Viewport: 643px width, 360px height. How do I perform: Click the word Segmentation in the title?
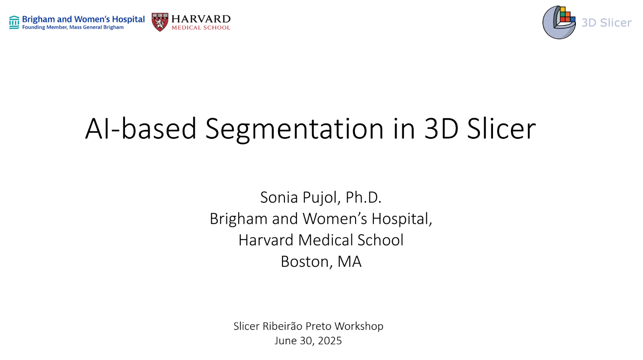[x=294, y=129]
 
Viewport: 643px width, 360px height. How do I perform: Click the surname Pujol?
[x=321, y=197]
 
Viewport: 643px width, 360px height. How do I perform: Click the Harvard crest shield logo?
[x=160, y=22]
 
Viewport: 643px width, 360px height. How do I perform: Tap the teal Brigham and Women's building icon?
[x=14, y=22]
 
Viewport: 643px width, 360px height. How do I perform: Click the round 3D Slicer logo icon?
[x=559, y=22]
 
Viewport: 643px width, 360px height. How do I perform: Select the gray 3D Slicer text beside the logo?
[x=606, y=23]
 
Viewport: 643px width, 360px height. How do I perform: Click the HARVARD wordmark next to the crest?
[x=201, y=19]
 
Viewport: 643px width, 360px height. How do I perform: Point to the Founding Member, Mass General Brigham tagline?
[x=73, y=27]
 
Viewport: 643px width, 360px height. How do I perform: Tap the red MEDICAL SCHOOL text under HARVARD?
[x=201, y=28]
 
